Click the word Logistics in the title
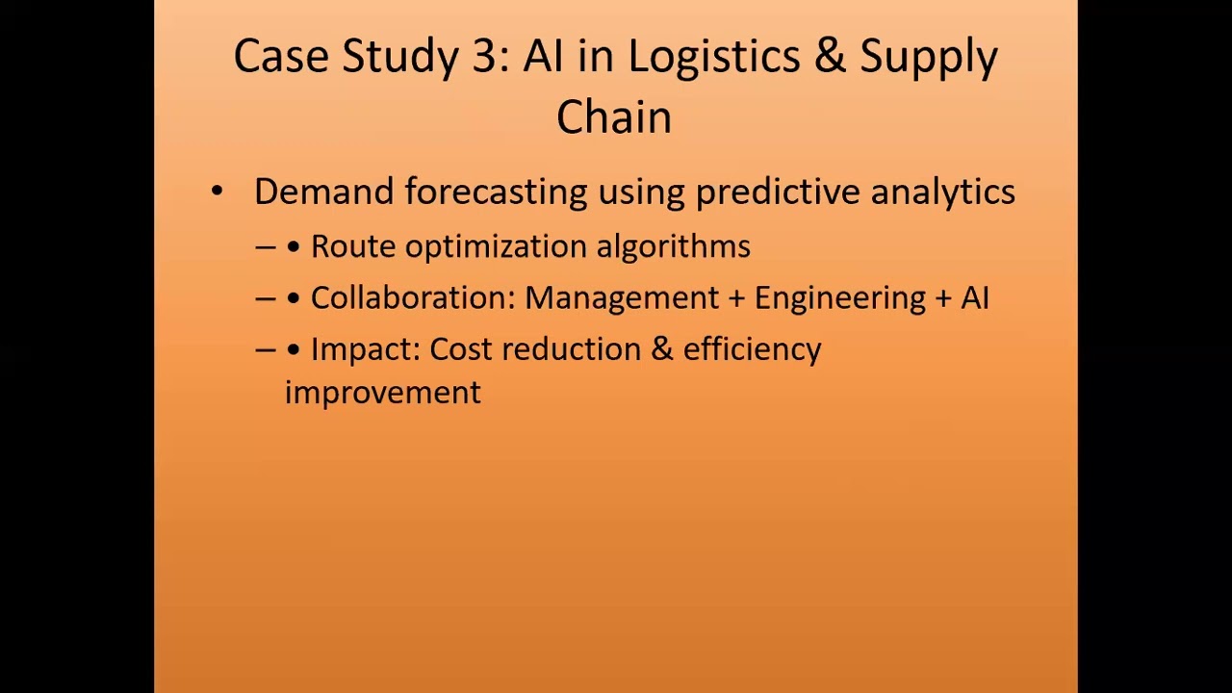click(x=714, y=57)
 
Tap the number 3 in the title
click(x=484, y=56)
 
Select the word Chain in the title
click(x=614, y=116)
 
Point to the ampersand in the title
click(x=830, y=56)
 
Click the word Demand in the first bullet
click(x=324, y=192)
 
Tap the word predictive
click(x=778, y=192)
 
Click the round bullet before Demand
click(x=218, y=192)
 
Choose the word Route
click(x=353, y=245)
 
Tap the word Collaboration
click(x=413, y=297)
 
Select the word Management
click(x=622, y=298)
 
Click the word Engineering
click(x=840, y=298)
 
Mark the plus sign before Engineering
click(x=736, y=298)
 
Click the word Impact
click(x=366, y=349)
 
